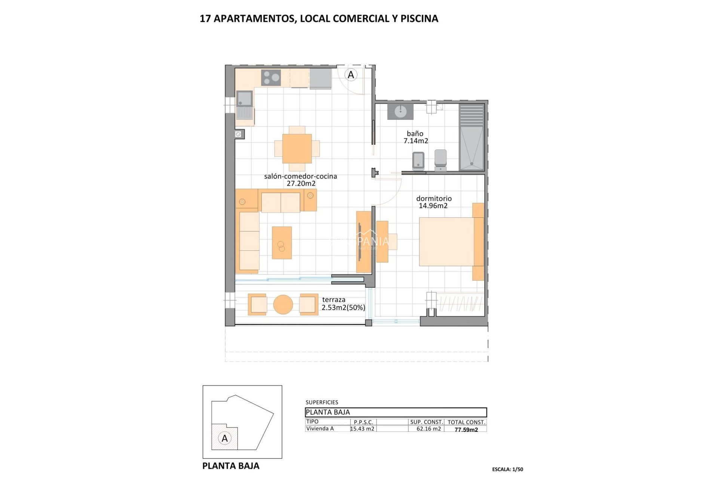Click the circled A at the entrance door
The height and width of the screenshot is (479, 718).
tap(351, 75)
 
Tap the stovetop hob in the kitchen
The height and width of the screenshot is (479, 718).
tap(271, 77)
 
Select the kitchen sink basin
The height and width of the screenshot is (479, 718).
tap(245, 98)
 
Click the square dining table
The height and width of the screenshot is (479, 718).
tap(297, 149)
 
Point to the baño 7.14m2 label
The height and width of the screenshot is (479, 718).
tap(415, 137)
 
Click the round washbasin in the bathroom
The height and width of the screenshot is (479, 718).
tap(401, 111)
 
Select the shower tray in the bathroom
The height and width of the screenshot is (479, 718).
tap(471, 148)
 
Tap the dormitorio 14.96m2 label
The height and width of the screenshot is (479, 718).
tap(434, 202)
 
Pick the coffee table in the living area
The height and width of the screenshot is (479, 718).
tap(282, 242)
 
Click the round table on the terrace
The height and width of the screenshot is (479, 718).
tap(283, 305)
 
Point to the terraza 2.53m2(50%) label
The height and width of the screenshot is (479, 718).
tap(343, 304)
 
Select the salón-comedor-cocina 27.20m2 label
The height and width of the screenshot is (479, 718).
tap(301, 180)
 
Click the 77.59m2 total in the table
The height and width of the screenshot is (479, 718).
tap(466, 430)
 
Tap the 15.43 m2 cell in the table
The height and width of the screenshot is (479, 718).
tap(362, 429)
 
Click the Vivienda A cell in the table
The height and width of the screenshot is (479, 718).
tap(320, 429)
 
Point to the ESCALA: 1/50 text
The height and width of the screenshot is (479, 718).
tap(507, 469)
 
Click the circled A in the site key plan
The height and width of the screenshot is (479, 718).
tap(225, 438)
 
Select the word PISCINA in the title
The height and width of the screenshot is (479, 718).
tap(419, 19)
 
